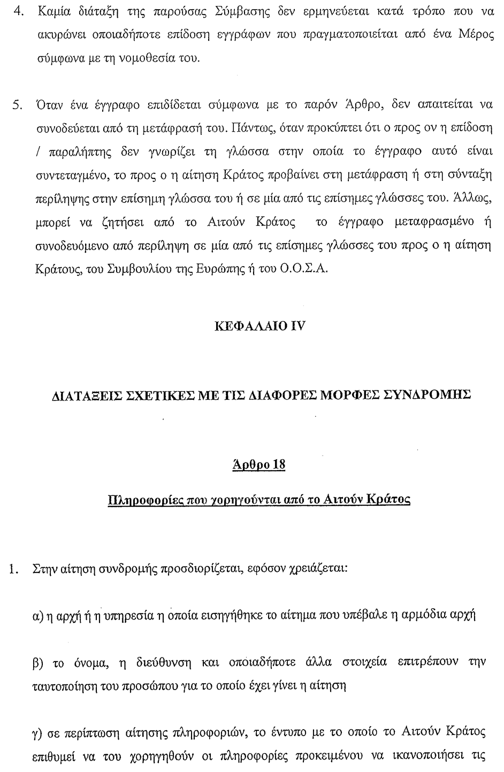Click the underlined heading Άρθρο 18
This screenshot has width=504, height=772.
pos(259,465)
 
